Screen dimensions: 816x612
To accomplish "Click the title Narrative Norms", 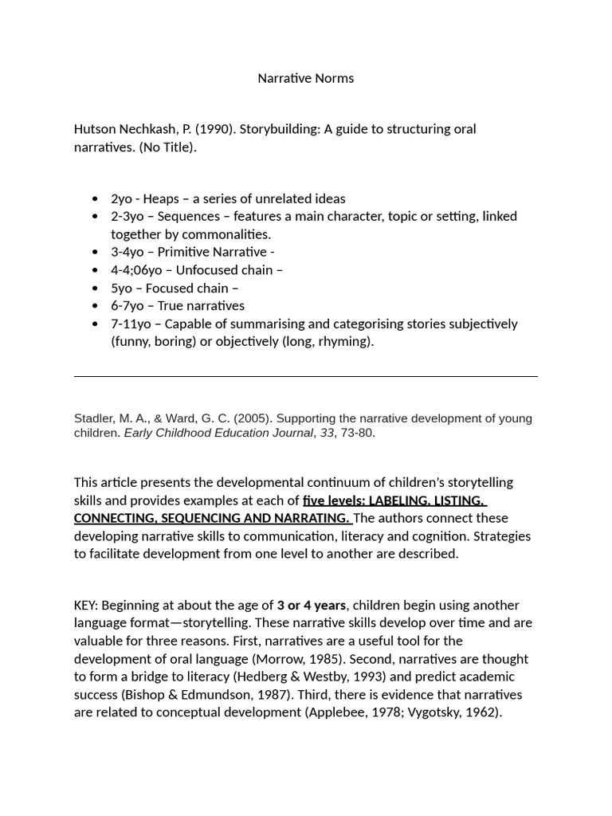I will [x=305, y=78].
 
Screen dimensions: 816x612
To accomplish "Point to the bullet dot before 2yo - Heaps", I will [x=96, y=198].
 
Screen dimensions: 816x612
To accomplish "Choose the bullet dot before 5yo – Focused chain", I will [x=96, y=288].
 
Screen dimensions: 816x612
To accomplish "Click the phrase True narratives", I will [x=201, y=306].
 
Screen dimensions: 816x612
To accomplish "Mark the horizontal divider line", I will [x=305, y=376].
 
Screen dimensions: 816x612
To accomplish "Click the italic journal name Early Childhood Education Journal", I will [x=218, y=433].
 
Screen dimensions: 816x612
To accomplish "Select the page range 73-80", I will [x=357, y=433].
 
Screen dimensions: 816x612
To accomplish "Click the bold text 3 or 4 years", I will [x=312, y=606].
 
